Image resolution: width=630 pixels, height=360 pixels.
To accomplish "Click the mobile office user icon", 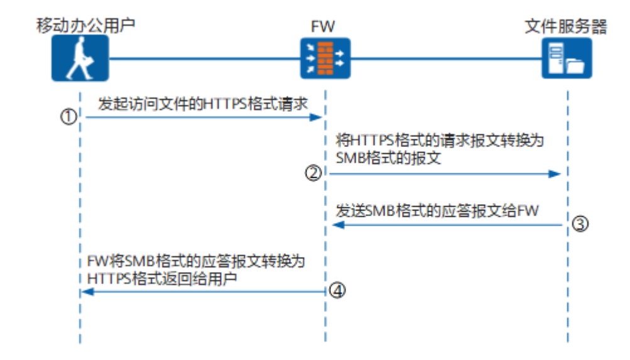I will (x=80, y=58).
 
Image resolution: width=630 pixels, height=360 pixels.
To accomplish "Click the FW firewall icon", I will (x=325, y=58).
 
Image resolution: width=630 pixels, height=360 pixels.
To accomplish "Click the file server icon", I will (x=567, y=58).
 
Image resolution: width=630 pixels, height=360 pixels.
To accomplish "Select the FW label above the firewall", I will (x=324, y=27).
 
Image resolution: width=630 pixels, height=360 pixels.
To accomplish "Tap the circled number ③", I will (x=581, y=225).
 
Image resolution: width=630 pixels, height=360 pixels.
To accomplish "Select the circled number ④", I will (x=337, y=291).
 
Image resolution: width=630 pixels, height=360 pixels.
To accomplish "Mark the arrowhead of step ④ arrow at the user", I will (x=89, y=292).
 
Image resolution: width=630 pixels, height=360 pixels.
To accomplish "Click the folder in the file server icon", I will (x=575, y=65).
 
